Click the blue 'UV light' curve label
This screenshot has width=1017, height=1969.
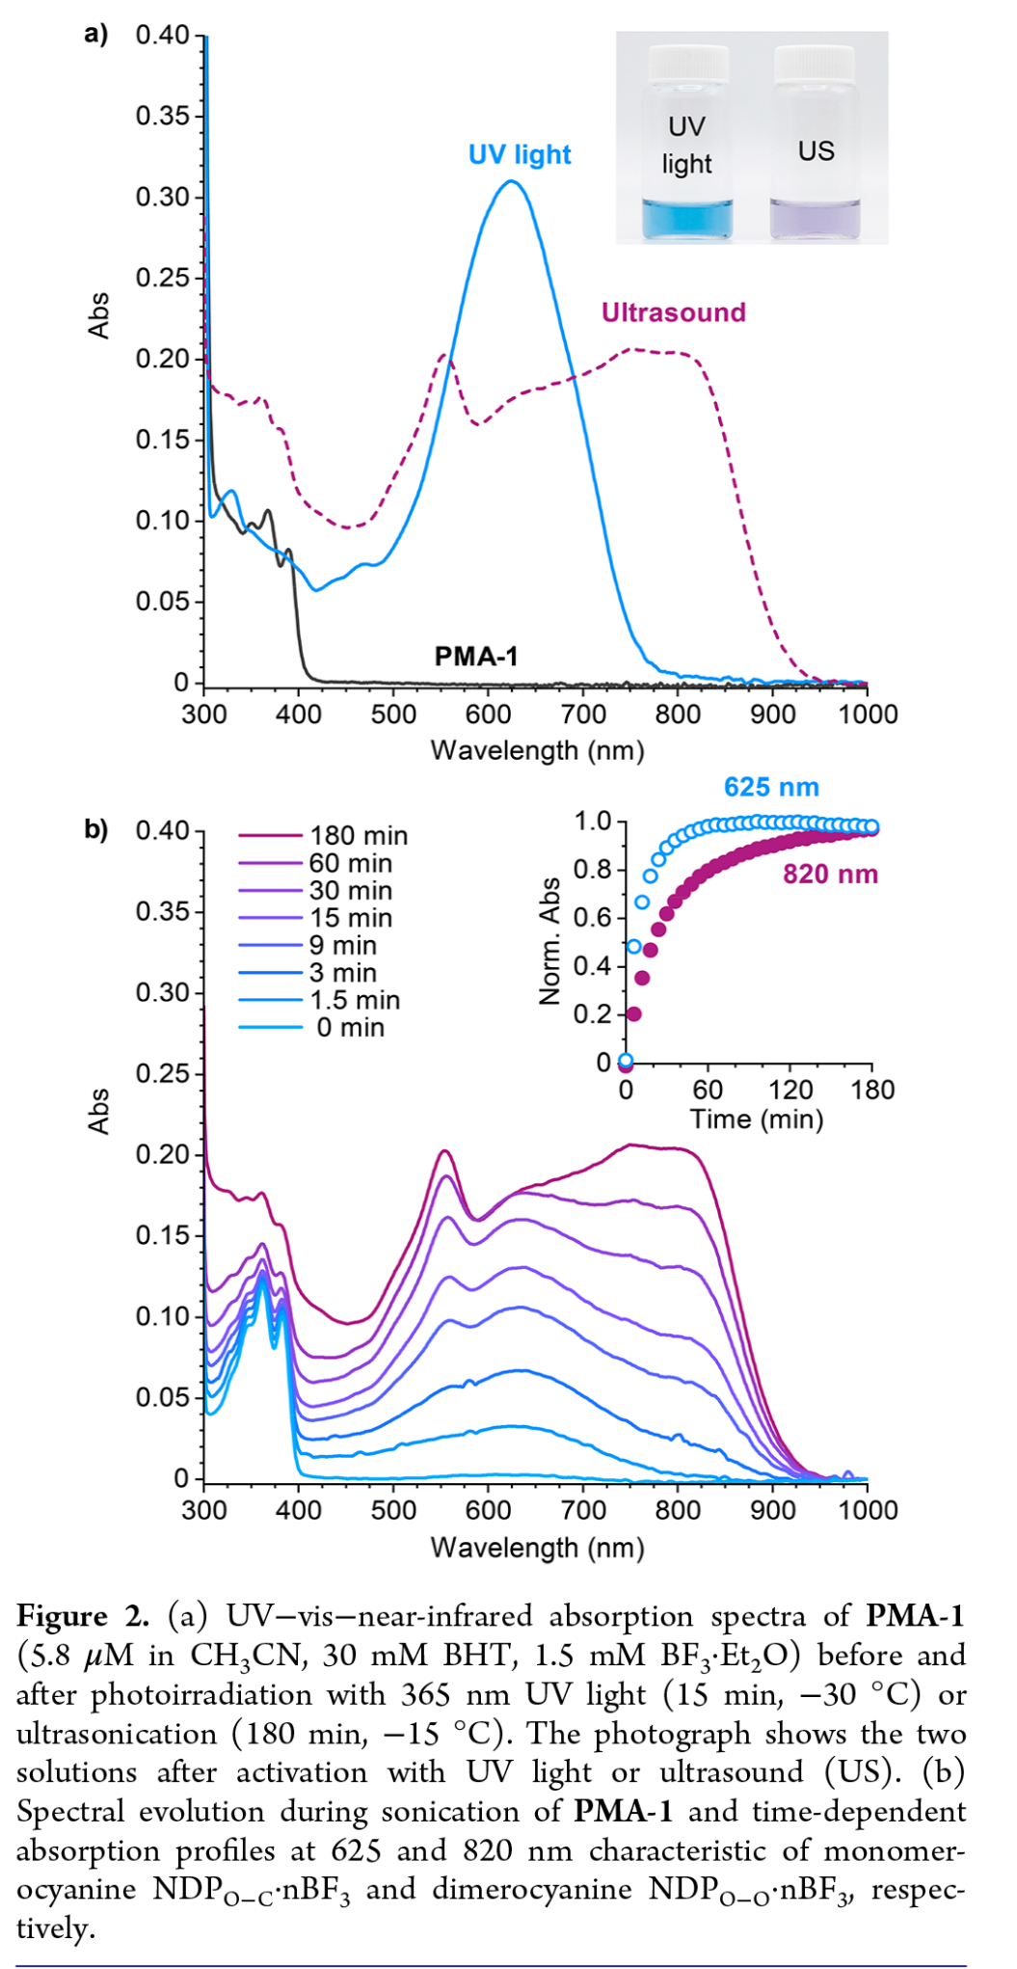tap(520, 154)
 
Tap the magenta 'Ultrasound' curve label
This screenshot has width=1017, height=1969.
tap(673, 312)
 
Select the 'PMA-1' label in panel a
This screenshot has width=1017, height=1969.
tap(476, 657)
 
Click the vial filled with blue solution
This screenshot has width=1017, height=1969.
tap(686, 145)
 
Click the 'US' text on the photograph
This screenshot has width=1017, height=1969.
tap(816, 151)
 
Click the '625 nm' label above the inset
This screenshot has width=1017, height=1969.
tap(771, 788)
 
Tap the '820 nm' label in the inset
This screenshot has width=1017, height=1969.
tap(830, 875)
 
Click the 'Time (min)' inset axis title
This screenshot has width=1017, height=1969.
tap(756, 1119)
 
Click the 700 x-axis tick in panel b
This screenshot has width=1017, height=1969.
tap(583, 1510)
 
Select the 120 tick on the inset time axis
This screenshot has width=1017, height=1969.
tap(790, 1090)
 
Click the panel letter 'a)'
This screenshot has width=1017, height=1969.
tap(96, 35)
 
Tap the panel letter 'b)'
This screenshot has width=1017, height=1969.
tap(96, 829)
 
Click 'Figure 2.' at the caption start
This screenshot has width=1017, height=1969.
tap(83, 1617)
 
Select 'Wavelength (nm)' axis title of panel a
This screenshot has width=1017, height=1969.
tap(537, 750)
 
